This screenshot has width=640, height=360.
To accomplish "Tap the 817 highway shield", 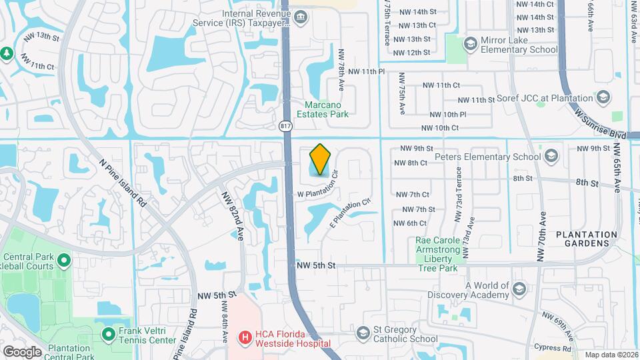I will [285, 125].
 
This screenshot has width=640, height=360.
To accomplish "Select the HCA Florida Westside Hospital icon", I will [245, 338].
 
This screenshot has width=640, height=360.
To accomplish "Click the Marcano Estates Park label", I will [327, 109].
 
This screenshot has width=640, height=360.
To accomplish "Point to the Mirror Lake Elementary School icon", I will [471, 43].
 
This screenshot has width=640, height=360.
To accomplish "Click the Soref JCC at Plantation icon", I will [604, 97].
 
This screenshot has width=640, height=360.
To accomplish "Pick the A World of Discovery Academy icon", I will [519, 289].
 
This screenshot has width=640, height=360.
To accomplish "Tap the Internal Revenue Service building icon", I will [301, 16].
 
